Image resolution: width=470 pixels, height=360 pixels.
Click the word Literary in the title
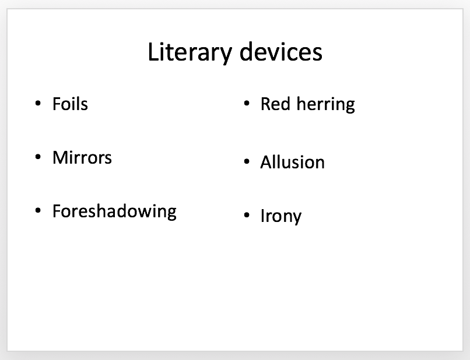(190, 53)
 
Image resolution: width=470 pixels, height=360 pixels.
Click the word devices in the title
(281, 51)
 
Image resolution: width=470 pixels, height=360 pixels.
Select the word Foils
(70, 104)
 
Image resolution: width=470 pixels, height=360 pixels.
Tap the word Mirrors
(82, 157)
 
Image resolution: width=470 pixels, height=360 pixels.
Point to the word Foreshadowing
(114, 212)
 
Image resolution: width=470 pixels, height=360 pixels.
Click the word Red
(275, 104)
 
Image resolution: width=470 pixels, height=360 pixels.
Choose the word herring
(325, 105)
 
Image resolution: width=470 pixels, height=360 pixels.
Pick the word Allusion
(293, 162)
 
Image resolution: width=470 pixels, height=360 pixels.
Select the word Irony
(281, 216)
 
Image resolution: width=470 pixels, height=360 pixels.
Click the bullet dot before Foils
(38, 103)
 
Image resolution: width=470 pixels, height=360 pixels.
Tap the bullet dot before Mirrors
(38, 157)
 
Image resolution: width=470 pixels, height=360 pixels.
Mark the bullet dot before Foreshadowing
(38, 210)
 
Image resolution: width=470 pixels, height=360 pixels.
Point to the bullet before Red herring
(247, 104)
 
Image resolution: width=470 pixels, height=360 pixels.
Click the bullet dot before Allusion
(247, 162)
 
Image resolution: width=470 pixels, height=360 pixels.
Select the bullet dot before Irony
(247, 215)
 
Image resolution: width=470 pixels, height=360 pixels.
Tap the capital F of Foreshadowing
(57, 211)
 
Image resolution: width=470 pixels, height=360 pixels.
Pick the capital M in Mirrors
(60, 157)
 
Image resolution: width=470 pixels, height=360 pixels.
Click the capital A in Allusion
(267, 162)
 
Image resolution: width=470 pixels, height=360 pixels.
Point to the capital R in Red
(266, 104)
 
